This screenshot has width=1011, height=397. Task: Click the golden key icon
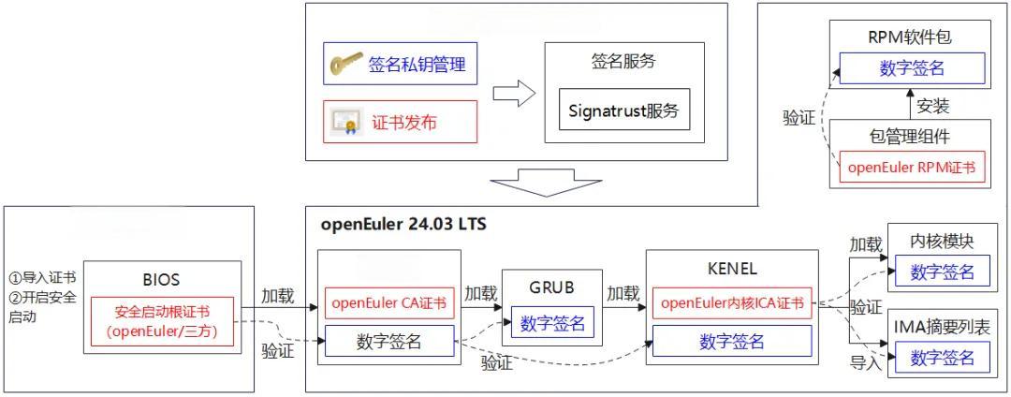tap(344, 66)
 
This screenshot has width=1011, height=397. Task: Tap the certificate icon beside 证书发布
tap(345, 122)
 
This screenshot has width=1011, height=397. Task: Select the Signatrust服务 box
tap(623, 110)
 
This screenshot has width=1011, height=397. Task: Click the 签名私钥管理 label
tap(416, 66)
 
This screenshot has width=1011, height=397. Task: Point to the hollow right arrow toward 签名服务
tap(513, 94)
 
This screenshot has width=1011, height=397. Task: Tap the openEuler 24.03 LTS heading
tap(403, 225)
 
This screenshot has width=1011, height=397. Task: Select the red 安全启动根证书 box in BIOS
tap(162, 321)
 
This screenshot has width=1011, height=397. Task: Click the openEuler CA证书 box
tap(389, 303)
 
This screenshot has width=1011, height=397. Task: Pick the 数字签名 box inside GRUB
tap(552, 324)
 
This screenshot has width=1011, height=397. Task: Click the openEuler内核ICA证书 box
tap(732, 303)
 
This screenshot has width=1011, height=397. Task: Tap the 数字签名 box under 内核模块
tap(942, 272)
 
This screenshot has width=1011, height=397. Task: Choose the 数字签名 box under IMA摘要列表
tap(942, 357)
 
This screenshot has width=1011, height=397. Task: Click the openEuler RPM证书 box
tap(910, 168)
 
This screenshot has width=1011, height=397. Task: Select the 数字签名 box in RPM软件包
tap(911, 67)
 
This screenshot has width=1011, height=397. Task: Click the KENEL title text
tap(732, 269)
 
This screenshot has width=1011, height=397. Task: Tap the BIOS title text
tap(162, 279)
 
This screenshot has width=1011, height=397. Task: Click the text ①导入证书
tap(43, 277)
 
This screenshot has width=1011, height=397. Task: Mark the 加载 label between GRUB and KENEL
tap(623, 293)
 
